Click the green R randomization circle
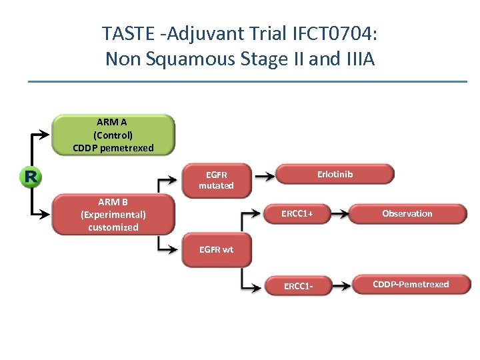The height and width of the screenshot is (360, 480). coord(30,177)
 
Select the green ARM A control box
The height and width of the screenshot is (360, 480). coord(113,135)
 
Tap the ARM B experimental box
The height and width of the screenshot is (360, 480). coord(113,214)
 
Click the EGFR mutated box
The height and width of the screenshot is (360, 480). coord(216,180)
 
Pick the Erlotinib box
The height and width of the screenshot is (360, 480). coord(335,175)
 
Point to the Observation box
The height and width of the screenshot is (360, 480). coord(407,213)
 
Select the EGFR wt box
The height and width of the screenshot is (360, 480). coord(216,250)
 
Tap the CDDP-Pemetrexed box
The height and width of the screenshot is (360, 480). coord(411,285)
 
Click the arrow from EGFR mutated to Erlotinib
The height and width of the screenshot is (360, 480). coord(265,177)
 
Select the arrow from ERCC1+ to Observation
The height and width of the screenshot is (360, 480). coord(340,214)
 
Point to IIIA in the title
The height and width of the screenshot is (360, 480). coord(359,59)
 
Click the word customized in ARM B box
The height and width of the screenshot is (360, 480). coord(113,227)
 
